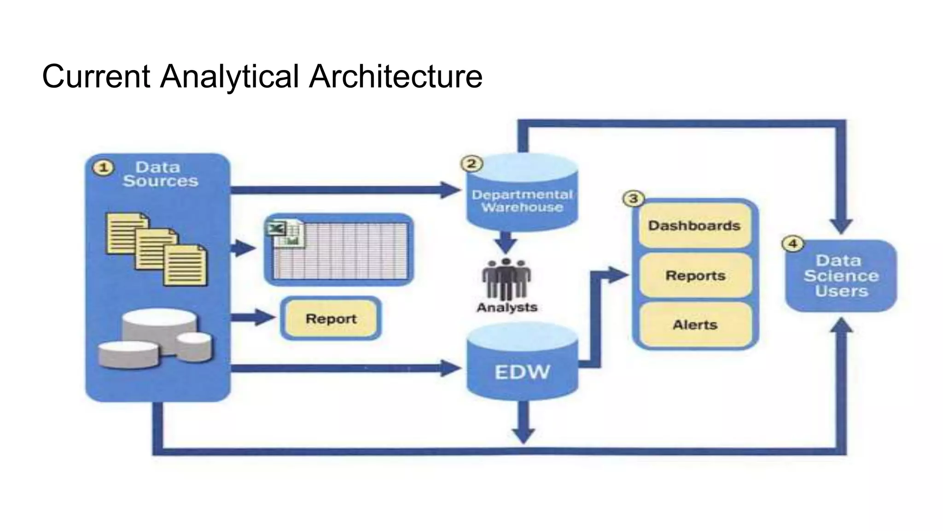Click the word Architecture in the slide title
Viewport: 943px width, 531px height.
point(396,76)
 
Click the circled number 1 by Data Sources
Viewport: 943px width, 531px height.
point(104,168)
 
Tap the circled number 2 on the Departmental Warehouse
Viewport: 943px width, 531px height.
point(471,164)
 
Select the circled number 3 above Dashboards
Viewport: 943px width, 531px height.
point(634,199)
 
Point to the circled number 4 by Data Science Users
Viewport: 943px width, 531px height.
point(793,244)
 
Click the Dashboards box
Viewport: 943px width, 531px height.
point(694,226)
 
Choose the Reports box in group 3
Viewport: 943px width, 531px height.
point(695,276)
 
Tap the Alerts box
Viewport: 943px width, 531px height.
point(695,325)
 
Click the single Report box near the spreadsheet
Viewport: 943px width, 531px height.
point(331,319)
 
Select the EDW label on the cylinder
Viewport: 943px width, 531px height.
point(522,372)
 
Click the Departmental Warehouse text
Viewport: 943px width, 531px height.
point(522,201)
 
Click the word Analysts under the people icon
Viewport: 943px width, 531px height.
point(506,307)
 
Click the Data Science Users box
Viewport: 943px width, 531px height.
point(841,276)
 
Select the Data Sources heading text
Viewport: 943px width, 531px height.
point(160,174)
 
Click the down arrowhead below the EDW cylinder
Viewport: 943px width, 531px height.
point(524,435)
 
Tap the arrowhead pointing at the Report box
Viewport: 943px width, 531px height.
point(266,317)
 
